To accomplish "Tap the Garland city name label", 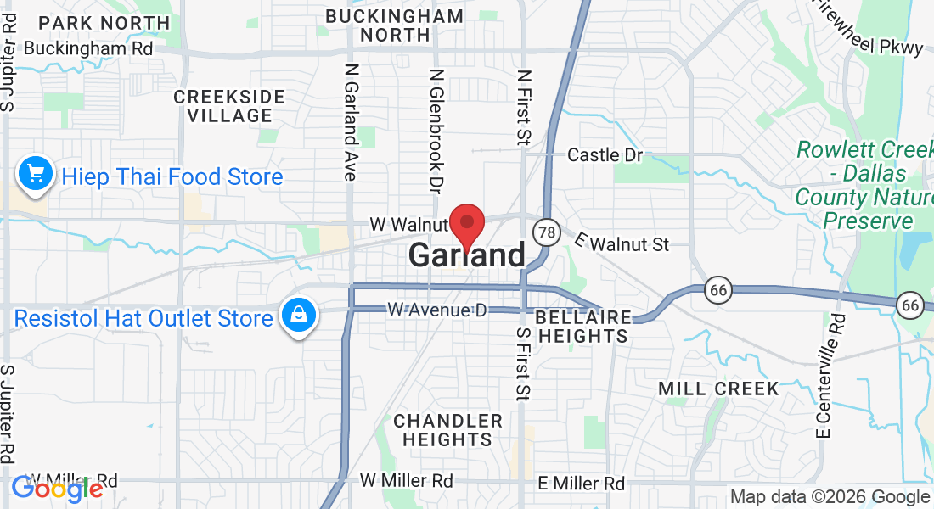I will (x=467, y=255).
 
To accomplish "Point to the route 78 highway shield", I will (x=547, y=232).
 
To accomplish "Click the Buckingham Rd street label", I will (x=88, y=48).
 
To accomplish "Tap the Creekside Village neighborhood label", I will (x=223, y=106).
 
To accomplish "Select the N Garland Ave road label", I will (x=350, y=121).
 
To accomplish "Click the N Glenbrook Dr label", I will (x=437, y=129).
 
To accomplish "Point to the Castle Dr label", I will (x=605, y=155).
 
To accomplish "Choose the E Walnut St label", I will (x=622, y=243).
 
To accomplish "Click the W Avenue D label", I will (x=436, y=310).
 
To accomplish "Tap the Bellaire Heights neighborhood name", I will (x=583, y=327).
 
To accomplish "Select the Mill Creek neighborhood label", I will (x=718, y=389).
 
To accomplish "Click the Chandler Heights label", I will (x=447, y=430).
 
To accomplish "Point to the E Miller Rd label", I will (x=582, y=484).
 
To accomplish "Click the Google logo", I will (x=57, y=489).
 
